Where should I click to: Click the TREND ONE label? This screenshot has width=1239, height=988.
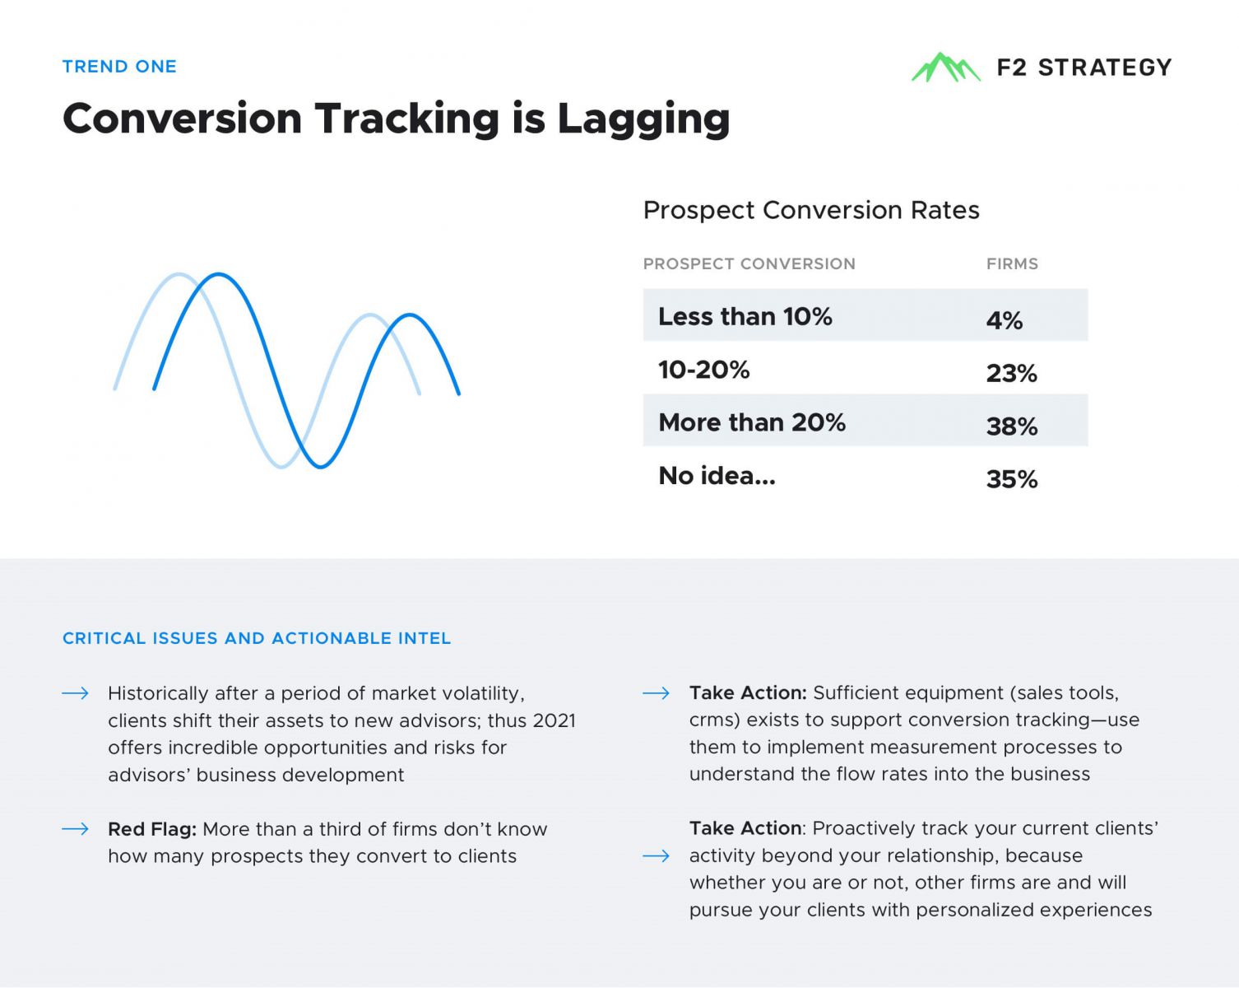[119, 66]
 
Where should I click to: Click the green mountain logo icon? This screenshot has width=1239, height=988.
[945, 68]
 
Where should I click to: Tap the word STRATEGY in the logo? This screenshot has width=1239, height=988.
[1105, 68]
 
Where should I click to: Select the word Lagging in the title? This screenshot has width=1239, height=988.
[643, 119]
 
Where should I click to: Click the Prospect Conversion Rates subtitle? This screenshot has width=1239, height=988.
[810, 210]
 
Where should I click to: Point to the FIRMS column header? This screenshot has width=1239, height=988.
[1012, 263]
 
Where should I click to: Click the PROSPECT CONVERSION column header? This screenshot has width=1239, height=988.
[749, 263]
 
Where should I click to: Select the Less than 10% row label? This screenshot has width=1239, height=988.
[745, 316]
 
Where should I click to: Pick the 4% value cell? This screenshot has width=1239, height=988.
[1004, 320]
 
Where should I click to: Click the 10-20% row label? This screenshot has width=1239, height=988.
[703, 370]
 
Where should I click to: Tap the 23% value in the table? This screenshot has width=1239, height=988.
[1011, 373]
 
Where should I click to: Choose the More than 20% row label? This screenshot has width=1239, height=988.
[751, 422]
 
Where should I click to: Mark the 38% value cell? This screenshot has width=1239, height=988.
[1012, 426]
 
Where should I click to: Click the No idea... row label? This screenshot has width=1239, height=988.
[717, 476]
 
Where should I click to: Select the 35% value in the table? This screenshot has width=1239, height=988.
[1012, 479]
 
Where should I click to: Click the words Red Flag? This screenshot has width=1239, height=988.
[152, 829]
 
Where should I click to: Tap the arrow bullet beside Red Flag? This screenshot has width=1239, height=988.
[75, 829]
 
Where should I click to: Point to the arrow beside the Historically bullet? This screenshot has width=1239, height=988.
[75, 693]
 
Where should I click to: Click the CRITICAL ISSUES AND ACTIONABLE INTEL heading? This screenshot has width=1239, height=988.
[256, 638]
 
